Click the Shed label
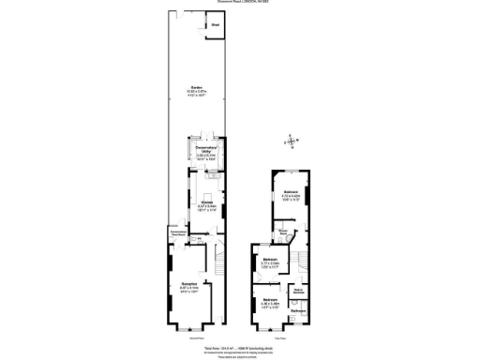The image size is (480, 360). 216,24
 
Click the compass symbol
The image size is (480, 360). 292,142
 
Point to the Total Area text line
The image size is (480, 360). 240,345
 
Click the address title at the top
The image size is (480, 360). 240,3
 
